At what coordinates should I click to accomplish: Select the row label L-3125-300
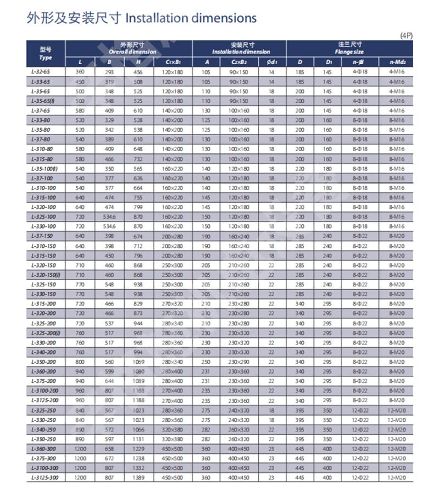(43, 477)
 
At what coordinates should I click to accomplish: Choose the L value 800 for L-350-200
(80, 362)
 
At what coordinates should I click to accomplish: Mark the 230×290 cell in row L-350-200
(239, 362)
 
